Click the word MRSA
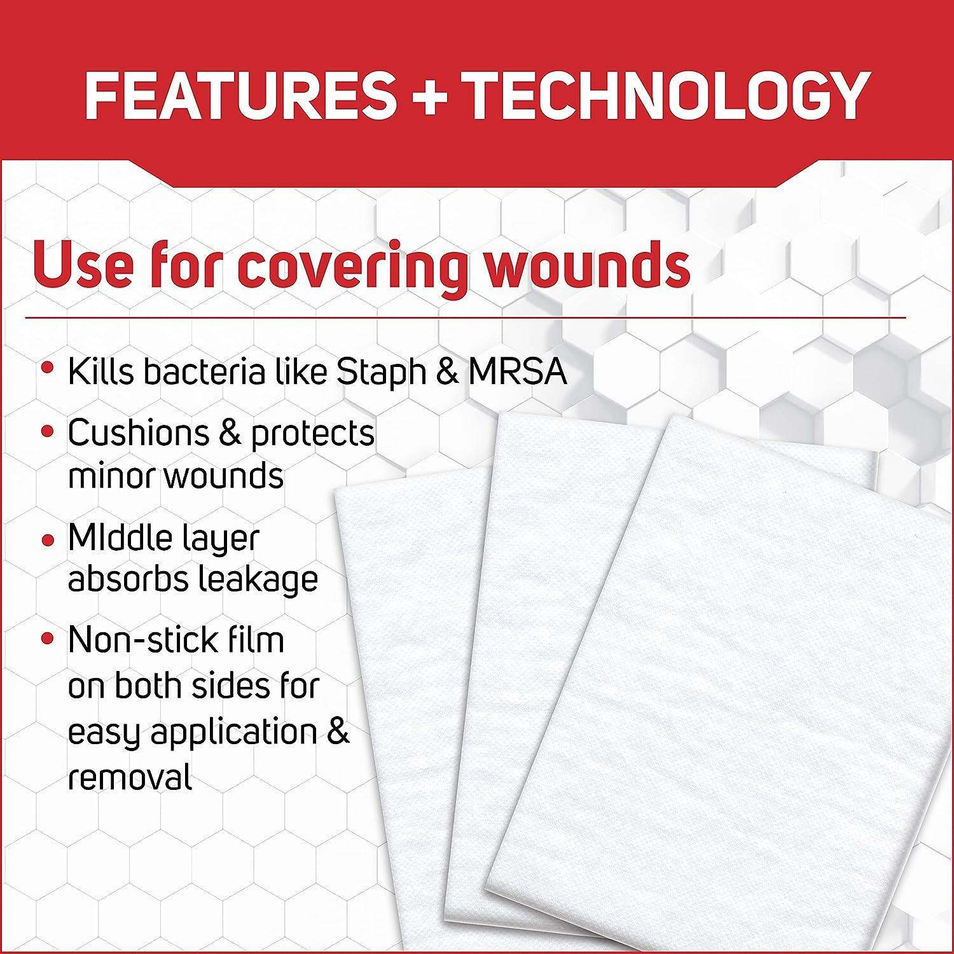[517, 372]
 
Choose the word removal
[130, 777]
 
